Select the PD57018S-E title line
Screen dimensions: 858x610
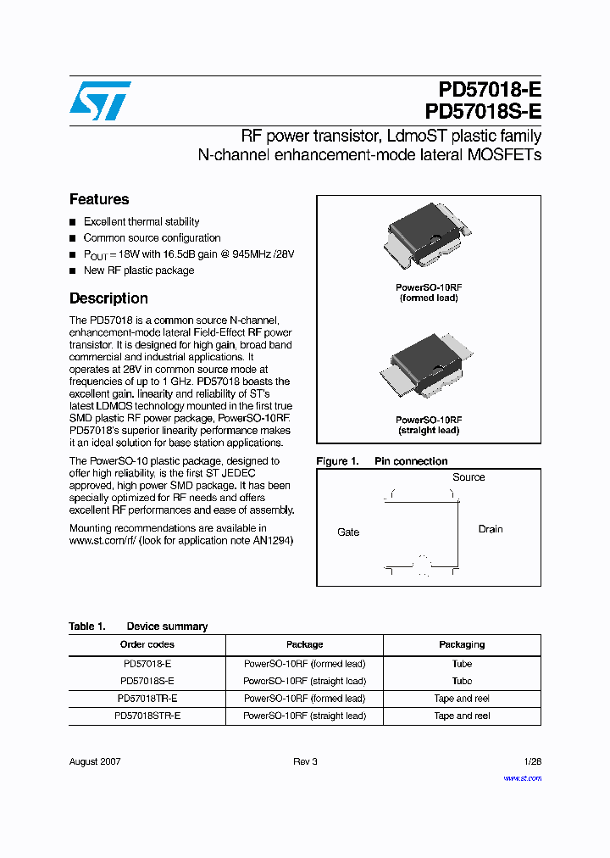[x=484, y=112]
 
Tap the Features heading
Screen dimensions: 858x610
[x=99, y=199]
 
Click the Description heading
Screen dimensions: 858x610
[x=108, y=298]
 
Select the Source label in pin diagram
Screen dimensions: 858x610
[x=469, y=477]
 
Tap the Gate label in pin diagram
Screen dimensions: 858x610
[x=348, y=532]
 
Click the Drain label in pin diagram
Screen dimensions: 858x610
[x=491, y=529]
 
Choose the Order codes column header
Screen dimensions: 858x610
[x=147, y=644]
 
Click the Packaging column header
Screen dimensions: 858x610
[x=462, y=644]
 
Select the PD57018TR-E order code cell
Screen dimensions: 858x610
[x=147, y=699]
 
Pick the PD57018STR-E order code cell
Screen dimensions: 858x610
[x=147, y=716]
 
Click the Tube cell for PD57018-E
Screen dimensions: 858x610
[x=462, y=664]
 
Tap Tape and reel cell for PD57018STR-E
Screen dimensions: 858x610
[x=462, y=716]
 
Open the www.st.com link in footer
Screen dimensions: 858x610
[x=522, y=777]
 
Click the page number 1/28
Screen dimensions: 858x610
[x=533, y=761]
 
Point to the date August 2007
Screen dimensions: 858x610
[x=95, y=761]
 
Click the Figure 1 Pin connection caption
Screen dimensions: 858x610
[x=381, y=461]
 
